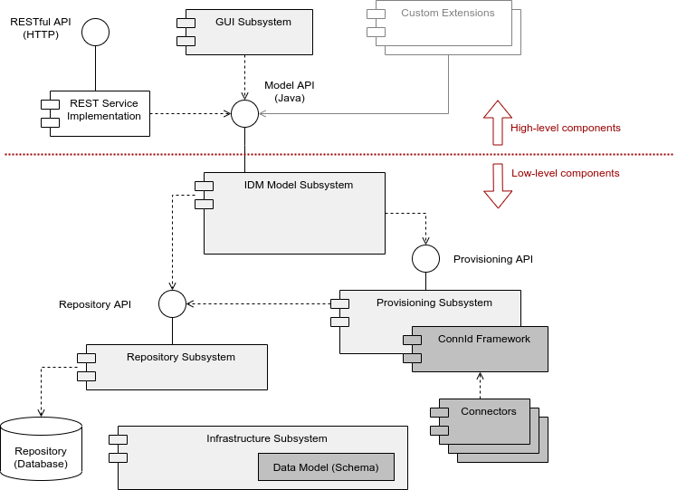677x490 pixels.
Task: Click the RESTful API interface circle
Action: point(95,33)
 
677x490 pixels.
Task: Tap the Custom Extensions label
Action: point(447,14)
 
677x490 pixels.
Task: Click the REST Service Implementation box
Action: point(100,113)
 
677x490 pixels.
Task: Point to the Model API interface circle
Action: point(244,114)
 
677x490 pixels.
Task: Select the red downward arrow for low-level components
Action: point(497,185)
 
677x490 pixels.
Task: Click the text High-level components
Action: point(565,128)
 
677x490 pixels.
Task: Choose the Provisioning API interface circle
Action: point(425,258)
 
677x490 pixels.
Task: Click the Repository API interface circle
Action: point(172,304)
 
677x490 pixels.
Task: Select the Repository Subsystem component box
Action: point(180,367)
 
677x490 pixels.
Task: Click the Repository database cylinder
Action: point(42,449)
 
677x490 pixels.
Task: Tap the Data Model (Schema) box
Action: point(326,466)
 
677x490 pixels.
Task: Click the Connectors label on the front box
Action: point(488,411)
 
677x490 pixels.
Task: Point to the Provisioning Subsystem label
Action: point(434,303)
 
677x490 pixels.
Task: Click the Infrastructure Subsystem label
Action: point(266,438)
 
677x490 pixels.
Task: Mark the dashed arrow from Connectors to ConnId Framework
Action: point(480,385)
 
